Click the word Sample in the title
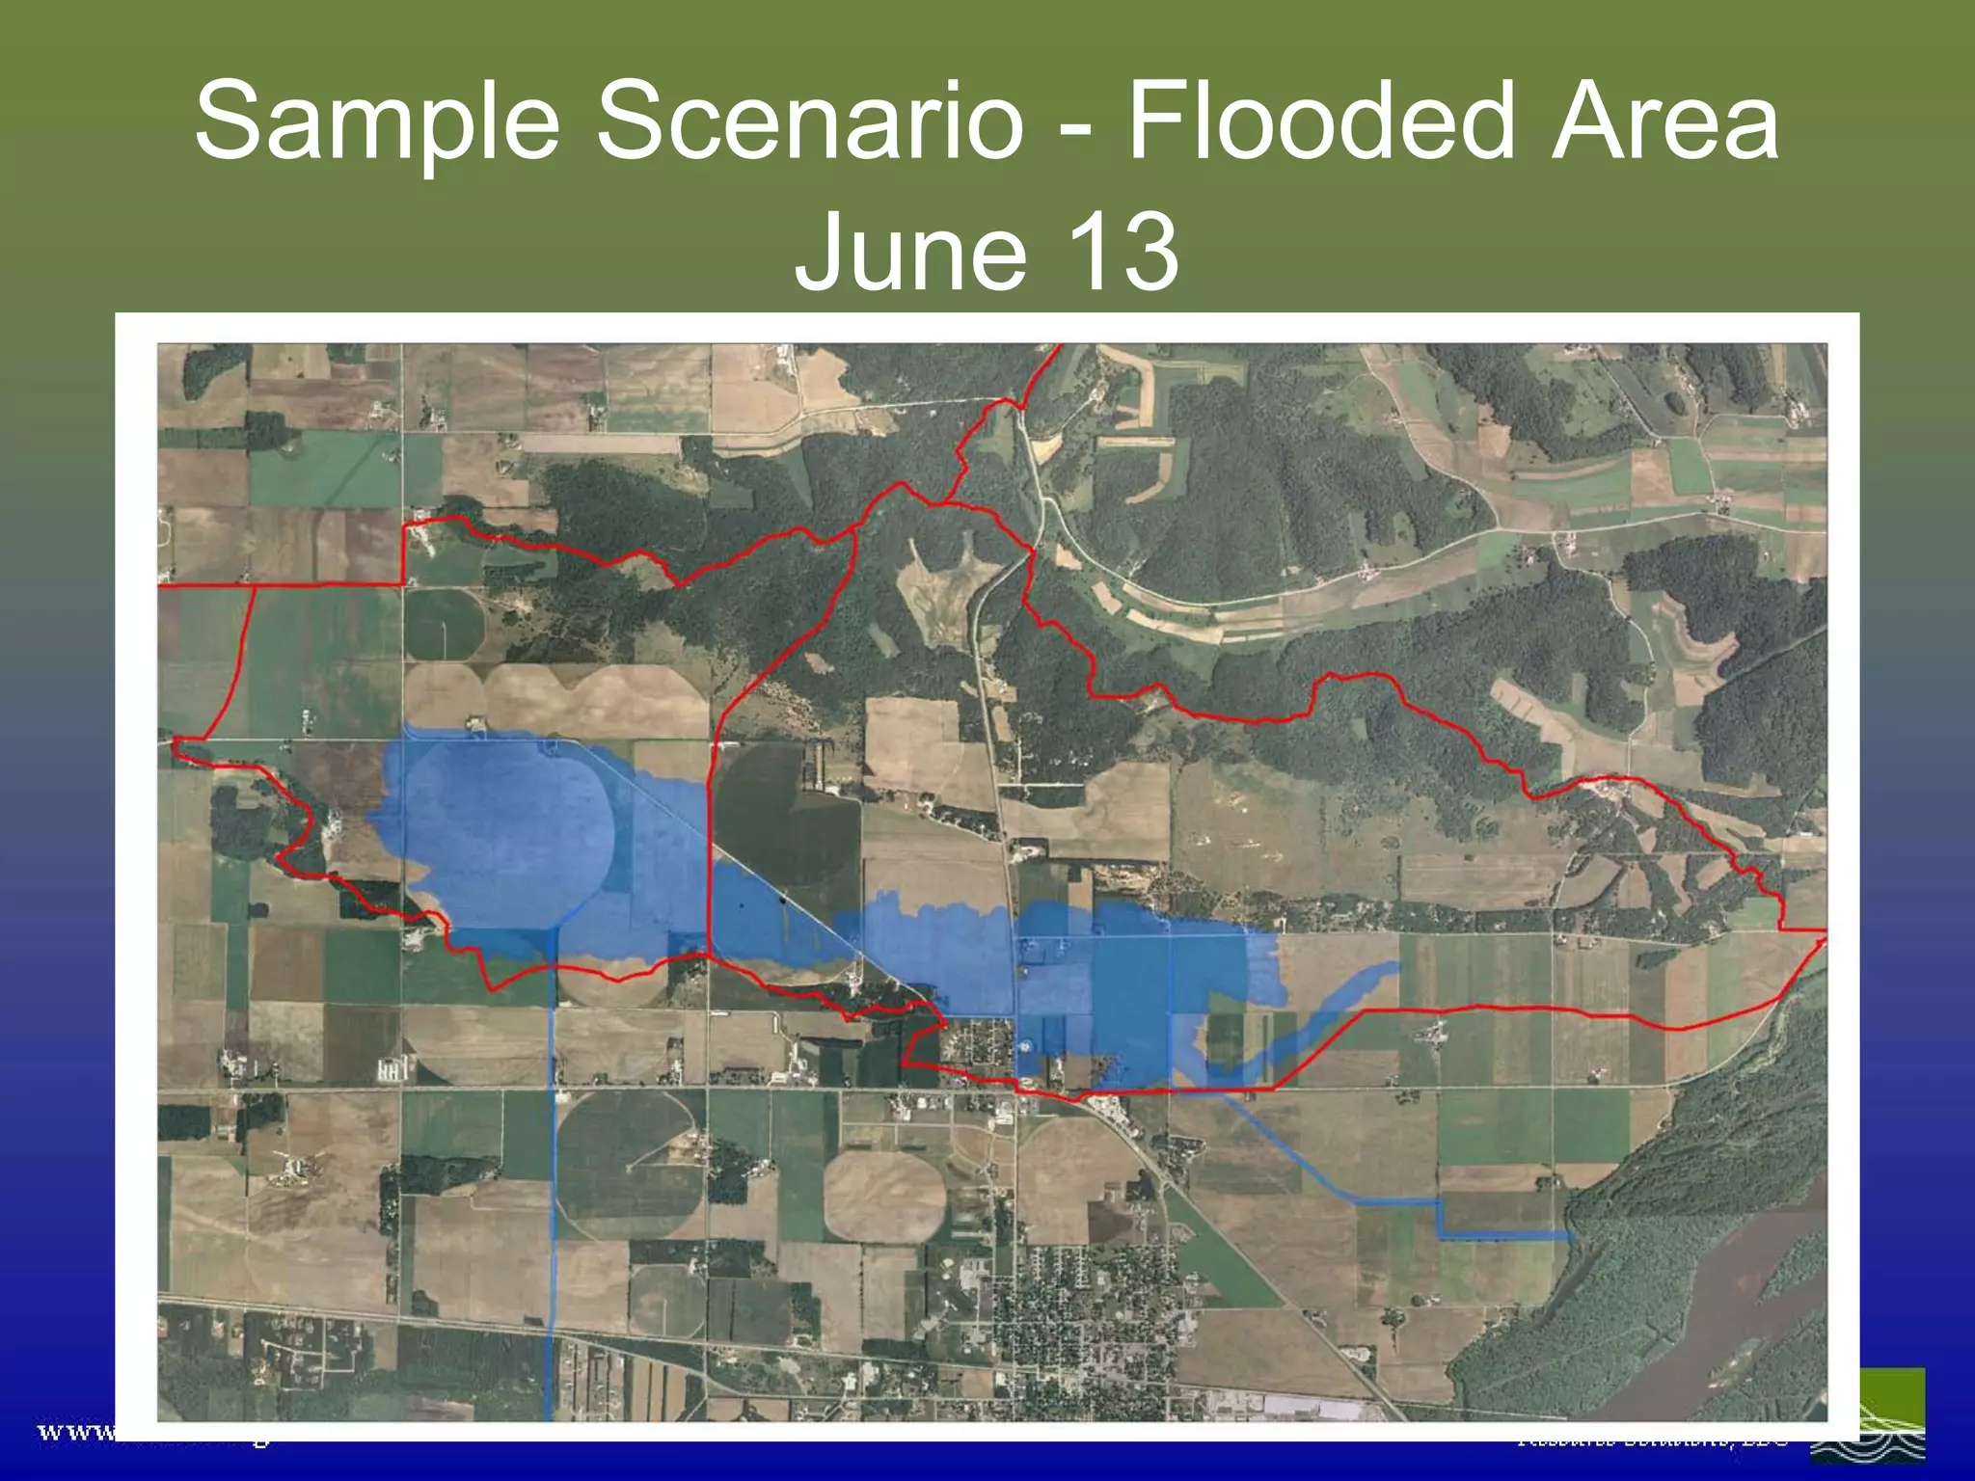[376, 123]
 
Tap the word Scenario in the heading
[808, 123]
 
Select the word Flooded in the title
[1319, 123]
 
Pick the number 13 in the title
[1119, 253]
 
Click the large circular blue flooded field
[501, 829]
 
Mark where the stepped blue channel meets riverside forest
[1567, 1235]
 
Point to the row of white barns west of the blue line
[391, 1069]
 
